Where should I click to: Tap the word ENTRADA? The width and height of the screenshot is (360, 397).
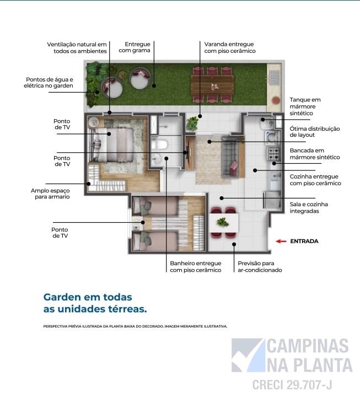pos(304,241)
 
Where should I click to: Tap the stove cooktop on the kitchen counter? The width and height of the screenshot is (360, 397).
pos(273,155)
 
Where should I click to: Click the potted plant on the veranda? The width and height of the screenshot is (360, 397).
pos(192,123)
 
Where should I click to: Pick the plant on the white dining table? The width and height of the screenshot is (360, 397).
pos(223,222)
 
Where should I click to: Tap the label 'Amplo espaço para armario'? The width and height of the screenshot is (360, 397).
pos(50,193)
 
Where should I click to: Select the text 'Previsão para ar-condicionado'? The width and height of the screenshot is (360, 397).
pos(260,267)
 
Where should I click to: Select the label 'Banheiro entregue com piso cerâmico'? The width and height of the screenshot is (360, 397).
pos(195,267)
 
